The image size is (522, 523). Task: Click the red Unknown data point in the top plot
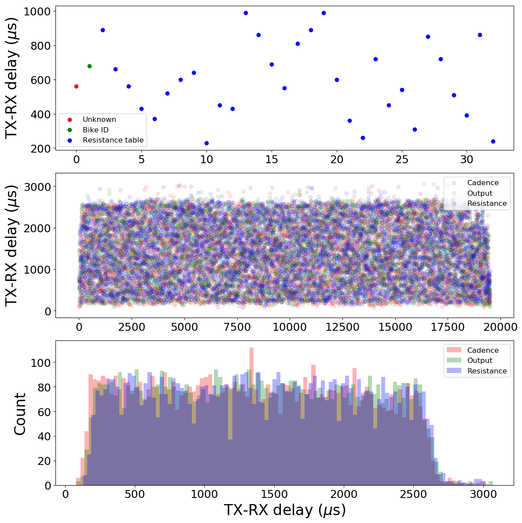[x=76, y=86]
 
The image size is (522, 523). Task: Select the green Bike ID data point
[x=89, y=66]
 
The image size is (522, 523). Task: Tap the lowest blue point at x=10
[x=206, y=143]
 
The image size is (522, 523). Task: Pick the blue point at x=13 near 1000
[x=246, y=13]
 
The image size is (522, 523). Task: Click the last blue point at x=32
[x=493, y=141]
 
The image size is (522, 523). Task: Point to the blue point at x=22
[x=363, y=138]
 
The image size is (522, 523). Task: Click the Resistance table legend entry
[x=113, y=140]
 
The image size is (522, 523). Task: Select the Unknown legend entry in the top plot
[x=99, y=119]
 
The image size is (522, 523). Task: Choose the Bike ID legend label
[x=96, y=130]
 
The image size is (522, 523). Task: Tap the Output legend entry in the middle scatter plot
[x=480, y=193]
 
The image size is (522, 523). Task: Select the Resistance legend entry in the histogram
[x=487, y=371]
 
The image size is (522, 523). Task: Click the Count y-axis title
[x=20, y=413]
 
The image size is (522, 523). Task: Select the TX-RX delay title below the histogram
[x=284, y=511]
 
